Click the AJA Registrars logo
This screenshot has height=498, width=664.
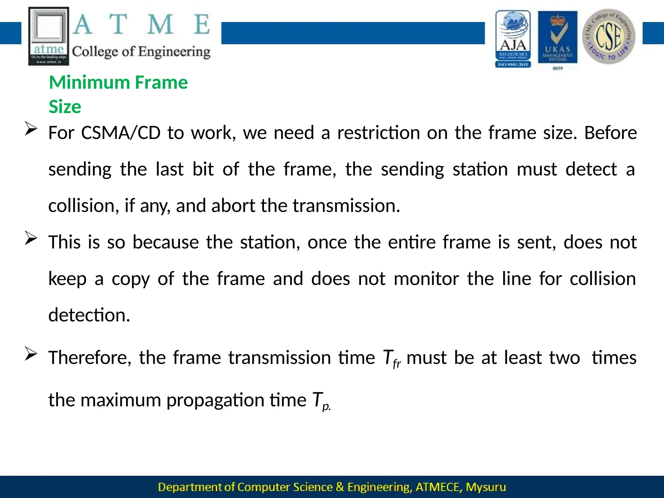[x=513, y=39]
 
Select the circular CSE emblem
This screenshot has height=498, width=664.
[x=609, y=36]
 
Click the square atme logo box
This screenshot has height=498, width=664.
[x=49, y=36]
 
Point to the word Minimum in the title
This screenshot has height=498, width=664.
[x=89, y=82]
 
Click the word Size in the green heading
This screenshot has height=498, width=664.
[x=65, y=107]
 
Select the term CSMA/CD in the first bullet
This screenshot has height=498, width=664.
[x=121, y=133]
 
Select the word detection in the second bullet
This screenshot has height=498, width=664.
[x=89, y=315]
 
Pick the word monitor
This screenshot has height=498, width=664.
[x=426, y=279]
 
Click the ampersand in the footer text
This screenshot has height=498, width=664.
[x=340, y=487]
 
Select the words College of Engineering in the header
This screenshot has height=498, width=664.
[x=141, y=52]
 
